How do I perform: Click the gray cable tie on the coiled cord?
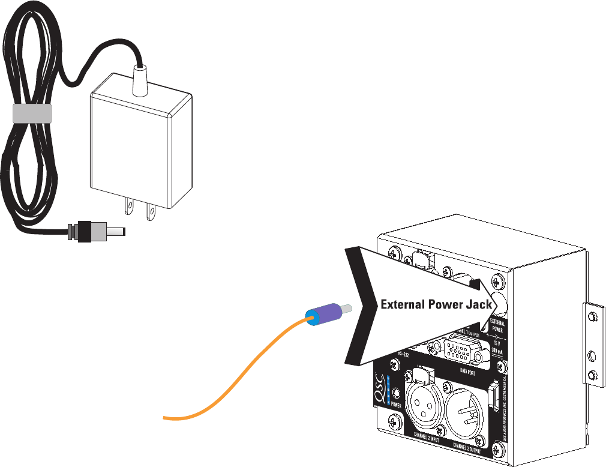click(32, 113)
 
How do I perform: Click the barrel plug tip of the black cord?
click(118, 230)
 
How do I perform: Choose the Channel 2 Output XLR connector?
click(467, 411)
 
